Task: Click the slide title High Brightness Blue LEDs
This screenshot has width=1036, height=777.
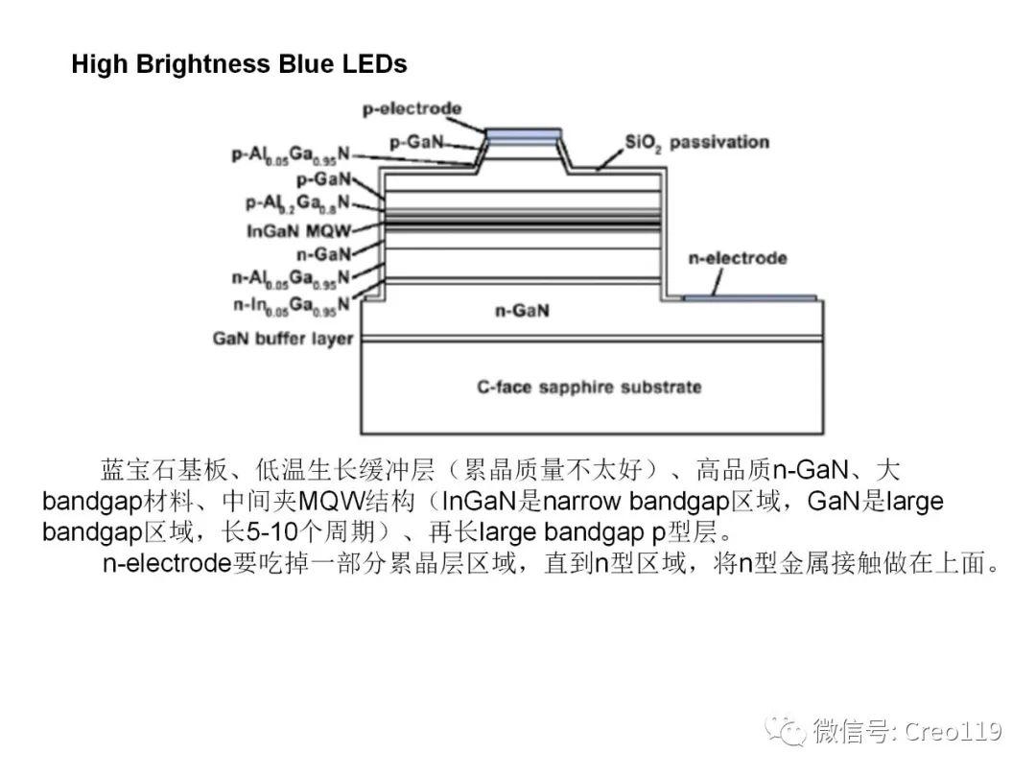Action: point(239,64)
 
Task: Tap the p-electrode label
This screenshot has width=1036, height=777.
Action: point(412,108)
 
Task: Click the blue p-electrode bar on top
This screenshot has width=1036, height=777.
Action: point(523,134)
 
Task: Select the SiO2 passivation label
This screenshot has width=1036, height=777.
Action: point(696,143)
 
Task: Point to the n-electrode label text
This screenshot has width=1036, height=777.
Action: point(738,258)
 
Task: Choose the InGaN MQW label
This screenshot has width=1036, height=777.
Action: point(298,231)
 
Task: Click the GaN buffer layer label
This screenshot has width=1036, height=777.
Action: point(283,339)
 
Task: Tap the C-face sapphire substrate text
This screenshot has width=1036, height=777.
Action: point(589,387)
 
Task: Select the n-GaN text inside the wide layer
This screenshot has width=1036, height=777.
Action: point(522,312)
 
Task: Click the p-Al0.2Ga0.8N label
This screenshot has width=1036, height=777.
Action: point(297,203)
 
